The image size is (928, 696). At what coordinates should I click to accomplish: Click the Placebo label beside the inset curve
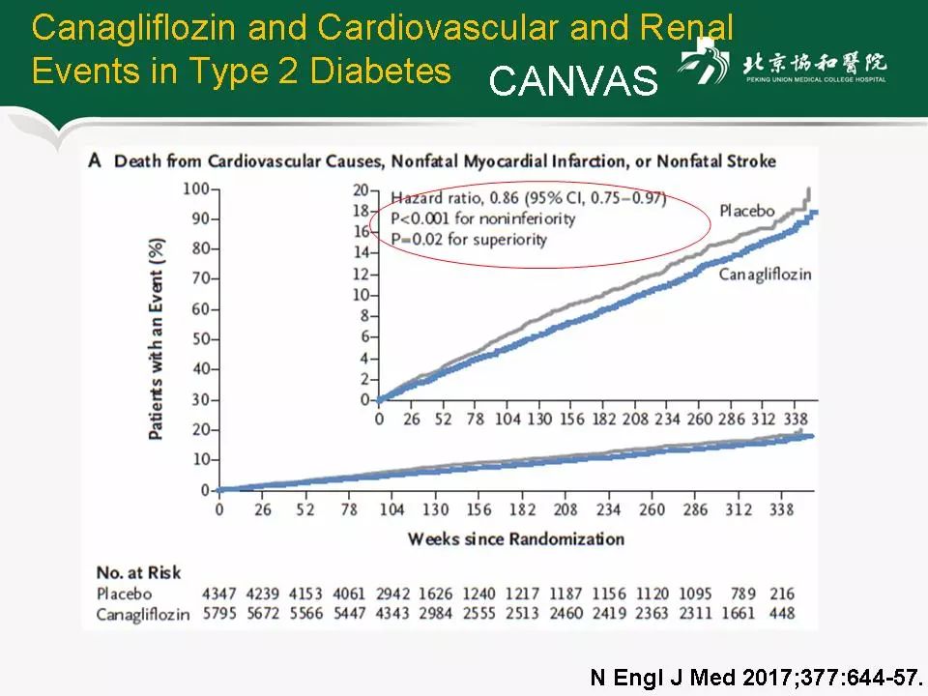[747, 211]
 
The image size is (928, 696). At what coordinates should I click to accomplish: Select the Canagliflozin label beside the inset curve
[765, 275]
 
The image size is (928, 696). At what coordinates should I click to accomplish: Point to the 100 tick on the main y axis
[196, 188]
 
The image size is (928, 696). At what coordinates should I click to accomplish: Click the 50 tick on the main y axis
[200, 338]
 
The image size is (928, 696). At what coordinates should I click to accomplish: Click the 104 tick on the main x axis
[391, 509]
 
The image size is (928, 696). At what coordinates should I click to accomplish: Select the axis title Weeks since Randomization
[515, 538]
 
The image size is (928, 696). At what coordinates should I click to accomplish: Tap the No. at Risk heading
[138, 574]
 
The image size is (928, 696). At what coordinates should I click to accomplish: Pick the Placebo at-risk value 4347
[218, 594]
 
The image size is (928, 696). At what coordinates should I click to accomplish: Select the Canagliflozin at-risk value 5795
[218, 613]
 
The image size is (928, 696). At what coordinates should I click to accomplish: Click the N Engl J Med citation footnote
[757, 677]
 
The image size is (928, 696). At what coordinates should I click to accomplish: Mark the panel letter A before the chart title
[95, 160]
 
